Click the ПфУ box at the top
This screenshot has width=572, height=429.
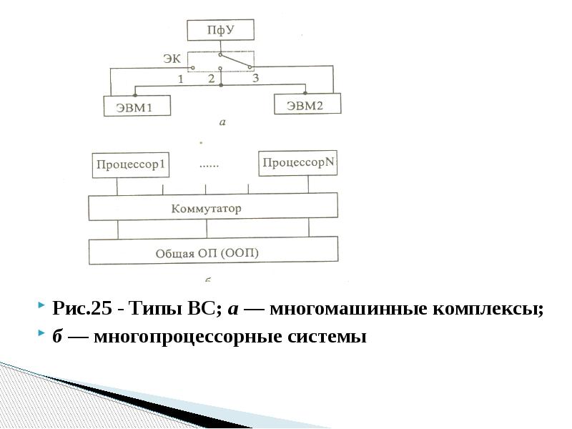[x=220, y=31]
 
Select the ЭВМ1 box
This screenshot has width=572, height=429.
[x=137, y=107]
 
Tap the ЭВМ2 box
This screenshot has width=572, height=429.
[x=307, y=104]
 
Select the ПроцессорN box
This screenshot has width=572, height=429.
[x=298, y=163]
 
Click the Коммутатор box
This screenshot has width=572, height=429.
[x=213, y=208]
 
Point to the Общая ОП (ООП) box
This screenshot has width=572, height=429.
[x=213, y=252]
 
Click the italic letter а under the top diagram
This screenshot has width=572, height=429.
[x=222, y=122]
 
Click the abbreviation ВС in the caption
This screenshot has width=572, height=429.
[x=204, y=310]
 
